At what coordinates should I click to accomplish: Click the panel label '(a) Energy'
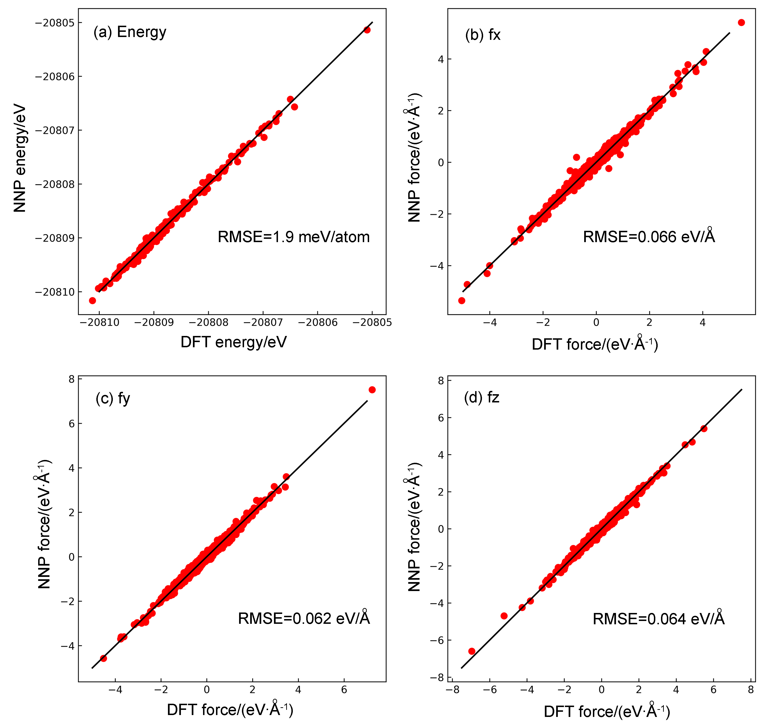point(130,32)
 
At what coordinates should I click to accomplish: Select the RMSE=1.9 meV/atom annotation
point(294,237)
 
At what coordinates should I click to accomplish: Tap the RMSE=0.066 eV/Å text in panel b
point(649,237)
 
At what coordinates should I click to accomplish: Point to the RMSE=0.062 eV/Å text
point(304,618)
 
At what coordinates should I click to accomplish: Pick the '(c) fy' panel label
point(113,398)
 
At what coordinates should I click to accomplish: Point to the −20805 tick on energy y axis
point(54,23)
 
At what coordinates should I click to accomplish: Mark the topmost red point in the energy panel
point(367,30)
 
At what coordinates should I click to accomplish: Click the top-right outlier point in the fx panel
point(741,23)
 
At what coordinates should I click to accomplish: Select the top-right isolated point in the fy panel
point(372,390)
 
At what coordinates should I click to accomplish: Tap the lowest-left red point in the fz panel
point(472,651)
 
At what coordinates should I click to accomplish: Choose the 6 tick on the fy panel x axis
point(344,690)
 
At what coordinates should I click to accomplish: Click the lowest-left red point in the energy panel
point(92,301)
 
